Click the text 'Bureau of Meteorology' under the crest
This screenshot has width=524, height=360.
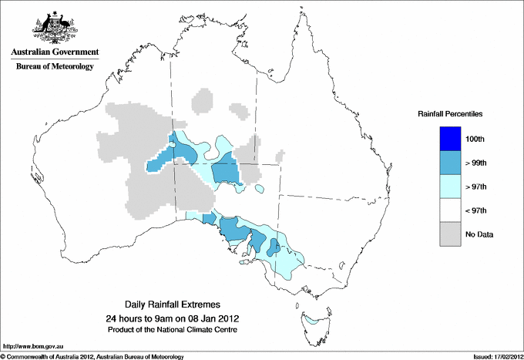pos(54,67)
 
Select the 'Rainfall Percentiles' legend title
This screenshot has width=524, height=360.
pos(450,114)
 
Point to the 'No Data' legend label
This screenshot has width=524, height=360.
pos(479,234)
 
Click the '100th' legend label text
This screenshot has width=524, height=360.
pos(475,139)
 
